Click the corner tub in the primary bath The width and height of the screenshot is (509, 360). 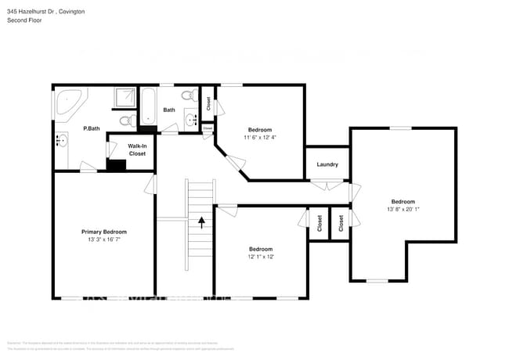(x=68, y=103)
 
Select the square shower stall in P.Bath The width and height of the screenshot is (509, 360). (x=124, y=97)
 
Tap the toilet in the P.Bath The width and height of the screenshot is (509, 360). (x=125, y=121)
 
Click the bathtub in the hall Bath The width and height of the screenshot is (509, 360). (x=147, y=106)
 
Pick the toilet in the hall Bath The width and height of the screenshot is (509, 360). (x=186, y=95)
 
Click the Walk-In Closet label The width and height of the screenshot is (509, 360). (x=115, y=149)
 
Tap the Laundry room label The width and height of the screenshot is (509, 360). (x=327, y=164)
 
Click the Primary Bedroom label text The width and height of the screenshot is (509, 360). (x=104, y=232)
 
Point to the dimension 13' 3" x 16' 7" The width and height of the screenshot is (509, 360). (x=104, y=239)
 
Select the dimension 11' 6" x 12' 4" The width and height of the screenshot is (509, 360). (x=260, y=137)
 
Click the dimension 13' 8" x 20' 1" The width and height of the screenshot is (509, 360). (x=403, y=209)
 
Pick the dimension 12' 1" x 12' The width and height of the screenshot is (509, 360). (x=260, y=256)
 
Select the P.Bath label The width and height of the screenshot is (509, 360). (x=92, y=128)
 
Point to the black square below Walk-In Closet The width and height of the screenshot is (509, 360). (x=117, y=165)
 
